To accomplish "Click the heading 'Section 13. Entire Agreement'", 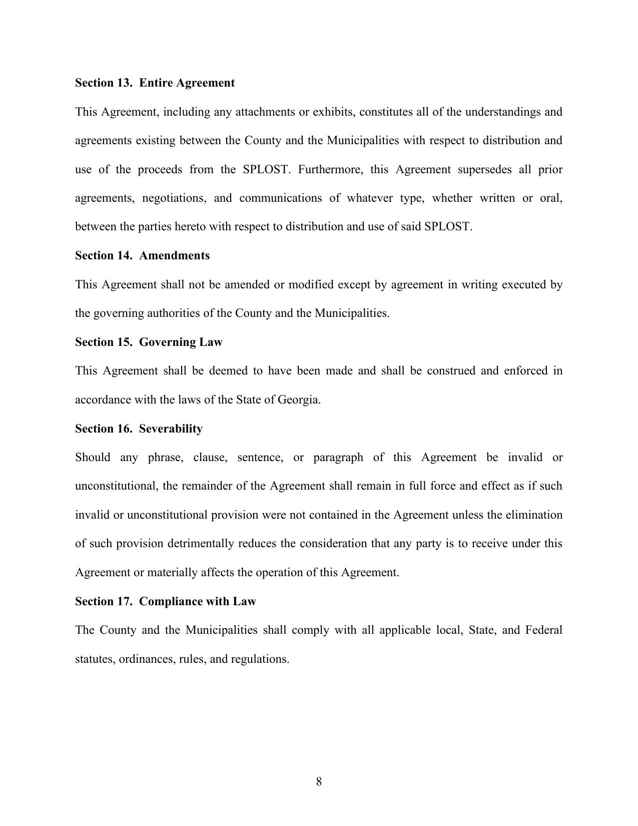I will pyautogui.click(x=155, y=83).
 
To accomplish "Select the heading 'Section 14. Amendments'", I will pyautogui.click(x=142, y=255).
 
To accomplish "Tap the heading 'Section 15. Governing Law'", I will pyautogui.click(x=149, y=342).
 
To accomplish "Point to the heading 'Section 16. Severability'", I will pyautogui.click(x=139, y=429).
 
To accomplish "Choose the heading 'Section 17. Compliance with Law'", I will pyautogui.click(x=165, y=601).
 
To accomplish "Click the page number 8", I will pyautogui.click(x=319, y=781).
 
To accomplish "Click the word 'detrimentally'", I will pyautogui.click(x=201, y=544).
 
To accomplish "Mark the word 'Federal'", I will pyautogui.click(x=543, y=630).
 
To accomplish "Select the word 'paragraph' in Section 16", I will pyautogui.click(x=338, y=458).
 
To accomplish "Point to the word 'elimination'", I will pyautogui.click(x=534, y=515).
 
